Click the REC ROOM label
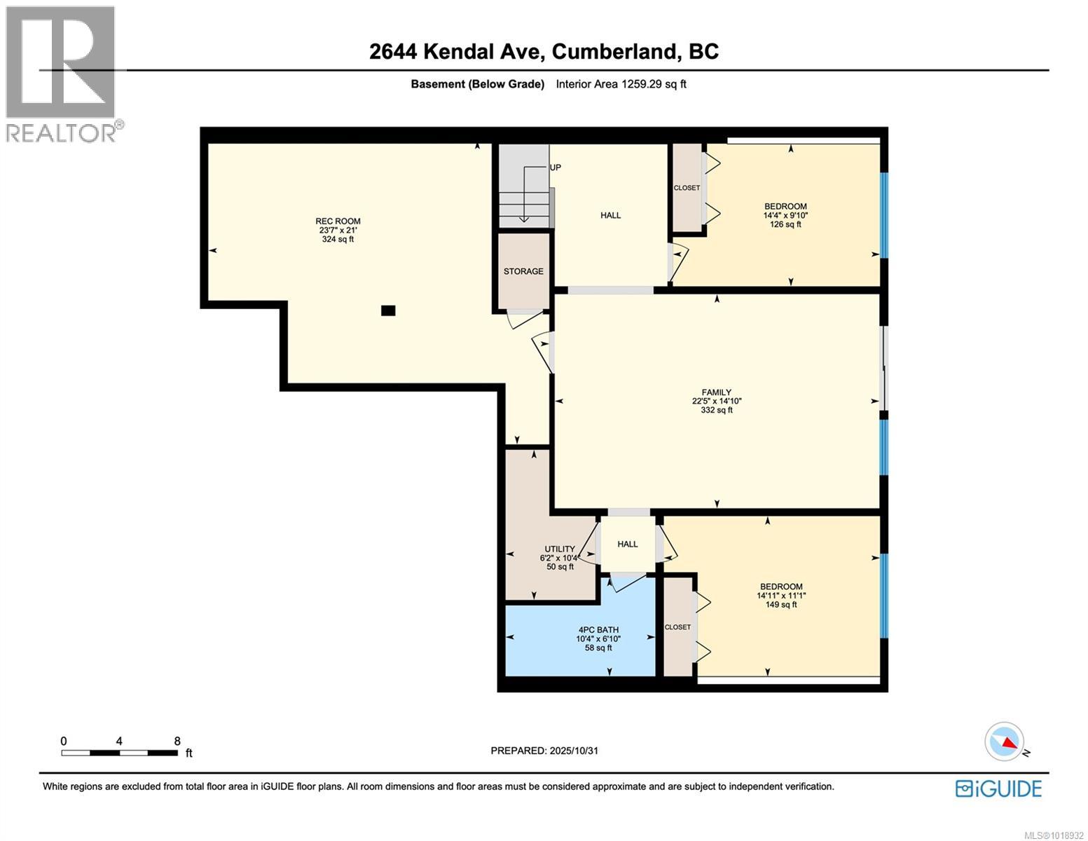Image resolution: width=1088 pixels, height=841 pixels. tap(338, 221)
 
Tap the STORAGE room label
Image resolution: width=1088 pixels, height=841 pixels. tap(523, 271)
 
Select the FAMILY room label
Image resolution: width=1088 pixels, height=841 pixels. tap(717, 392)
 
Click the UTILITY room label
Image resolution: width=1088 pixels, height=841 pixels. tap(560, 549)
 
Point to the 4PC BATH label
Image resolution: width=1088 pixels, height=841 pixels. tap(598, 629)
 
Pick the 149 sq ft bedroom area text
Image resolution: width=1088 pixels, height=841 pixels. tap(781, 604)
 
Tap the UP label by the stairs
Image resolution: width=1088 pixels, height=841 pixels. tap(556, 167)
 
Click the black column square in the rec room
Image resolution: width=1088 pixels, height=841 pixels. tap(388, 310)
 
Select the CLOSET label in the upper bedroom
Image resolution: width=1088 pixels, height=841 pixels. tap(687, 188)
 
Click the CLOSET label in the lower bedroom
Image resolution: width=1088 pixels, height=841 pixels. tap(677, 627)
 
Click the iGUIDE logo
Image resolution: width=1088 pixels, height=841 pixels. tap(998, 788)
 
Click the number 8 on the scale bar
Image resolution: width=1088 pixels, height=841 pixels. tap(177, 741)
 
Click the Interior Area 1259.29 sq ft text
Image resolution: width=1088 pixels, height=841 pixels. tap(621, 84)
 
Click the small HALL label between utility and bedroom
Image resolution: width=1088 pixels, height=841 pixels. tap(628, 544)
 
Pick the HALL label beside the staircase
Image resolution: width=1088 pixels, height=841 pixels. tap(610, 215)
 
